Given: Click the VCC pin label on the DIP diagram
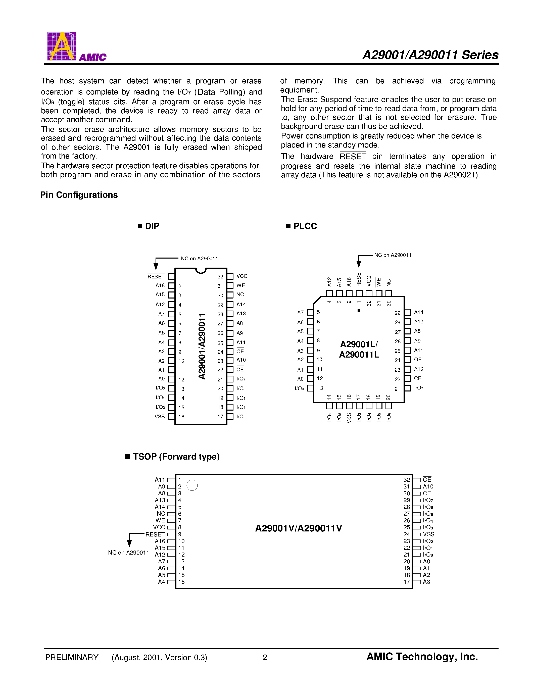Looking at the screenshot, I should coord(242,276).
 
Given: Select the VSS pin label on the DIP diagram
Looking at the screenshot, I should coord(160,417).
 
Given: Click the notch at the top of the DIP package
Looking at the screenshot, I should coord(201,271).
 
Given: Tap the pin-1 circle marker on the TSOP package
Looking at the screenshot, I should coord(192,485).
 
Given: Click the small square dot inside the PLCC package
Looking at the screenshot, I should coord(359,310).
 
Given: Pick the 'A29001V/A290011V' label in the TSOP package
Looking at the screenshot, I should coord(298,528).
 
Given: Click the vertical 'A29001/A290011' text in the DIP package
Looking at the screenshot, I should coord(202,346).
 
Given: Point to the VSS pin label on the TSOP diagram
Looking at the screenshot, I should coord(429,534).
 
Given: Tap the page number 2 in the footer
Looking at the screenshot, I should coord(265,658).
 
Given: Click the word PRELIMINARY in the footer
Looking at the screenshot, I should coord(72,658).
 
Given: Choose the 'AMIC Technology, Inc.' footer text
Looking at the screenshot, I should coord(422,657).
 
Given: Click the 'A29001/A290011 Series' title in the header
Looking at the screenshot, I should coord(430,55).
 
